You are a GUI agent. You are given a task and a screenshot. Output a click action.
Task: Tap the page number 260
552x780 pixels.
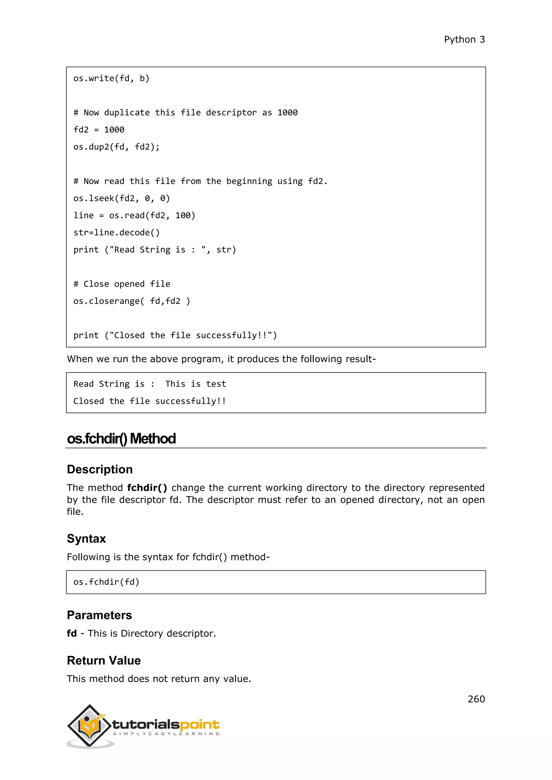pos(476,699)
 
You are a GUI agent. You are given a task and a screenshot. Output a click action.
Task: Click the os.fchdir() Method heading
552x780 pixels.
pos(121,438)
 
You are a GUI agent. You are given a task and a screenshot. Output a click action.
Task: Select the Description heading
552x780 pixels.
pos(99,469)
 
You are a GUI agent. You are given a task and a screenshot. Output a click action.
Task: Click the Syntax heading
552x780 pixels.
pos(86,538)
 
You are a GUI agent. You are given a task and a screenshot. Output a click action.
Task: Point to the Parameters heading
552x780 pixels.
pos(99,615)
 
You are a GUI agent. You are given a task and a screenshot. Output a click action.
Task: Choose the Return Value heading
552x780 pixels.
pos(104,660)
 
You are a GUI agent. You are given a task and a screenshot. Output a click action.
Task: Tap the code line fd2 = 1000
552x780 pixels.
pos(99,130)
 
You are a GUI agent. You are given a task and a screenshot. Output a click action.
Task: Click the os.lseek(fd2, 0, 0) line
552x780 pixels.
pos(122,199)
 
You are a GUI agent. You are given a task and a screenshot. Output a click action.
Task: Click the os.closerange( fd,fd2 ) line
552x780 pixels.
pos(132,301)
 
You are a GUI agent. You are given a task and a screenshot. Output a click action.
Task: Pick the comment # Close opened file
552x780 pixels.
pos(122,284)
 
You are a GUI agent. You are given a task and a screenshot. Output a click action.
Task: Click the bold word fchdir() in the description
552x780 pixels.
pos(147,487)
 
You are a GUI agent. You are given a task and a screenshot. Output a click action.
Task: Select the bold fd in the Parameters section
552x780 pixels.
pos(72,633)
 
